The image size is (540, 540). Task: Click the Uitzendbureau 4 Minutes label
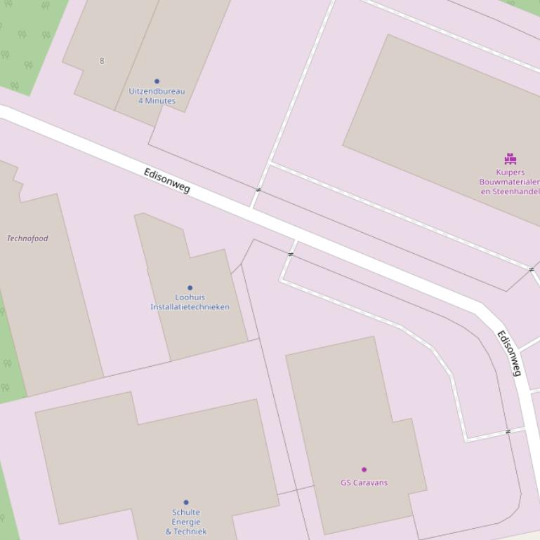tap(157, 96)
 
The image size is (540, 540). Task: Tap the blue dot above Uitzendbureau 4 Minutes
tap(157, 81)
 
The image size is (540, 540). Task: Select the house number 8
tap(102, 61)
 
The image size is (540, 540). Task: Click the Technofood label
tap(27, 238)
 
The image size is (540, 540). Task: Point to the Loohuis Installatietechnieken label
tap(190, 302)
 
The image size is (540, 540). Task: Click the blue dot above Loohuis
tap(190, 288)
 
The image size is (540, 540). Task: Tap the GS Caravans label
tap(364, 482)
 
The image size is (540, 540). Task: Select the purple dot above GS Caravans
tap(364, 469)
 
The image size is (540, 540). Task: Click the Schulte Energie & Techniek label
tap(186, 522)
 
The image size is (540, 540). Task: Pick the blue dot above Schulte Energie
tap(186, 502)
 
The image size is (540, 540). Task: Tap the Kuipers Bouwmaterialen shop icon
tap(511, 159)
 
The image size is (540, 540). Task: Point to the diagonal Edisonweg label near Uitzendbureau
tap(167, 181)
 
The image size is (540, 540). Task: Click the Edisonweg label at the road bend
tap(510, 353)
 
